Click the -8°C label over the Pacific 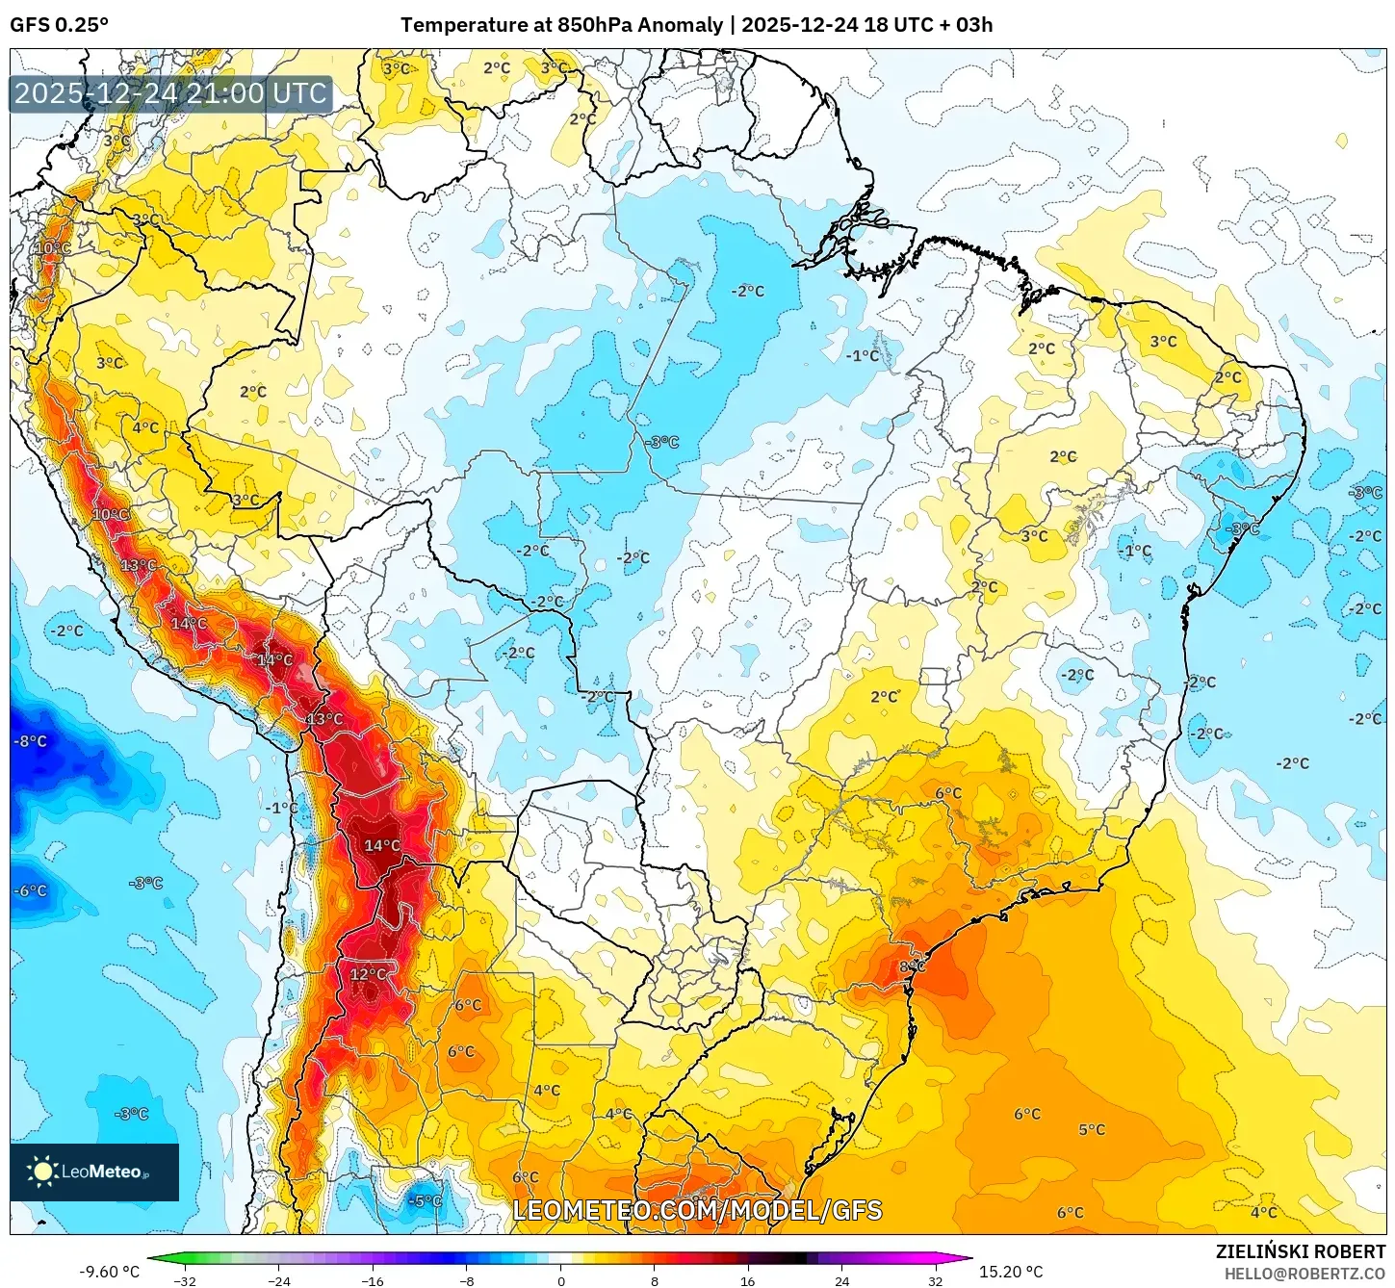click(30, 741)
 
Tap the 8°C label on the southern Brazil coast click(912, 966)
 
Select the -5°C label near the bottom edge click(425, 1200)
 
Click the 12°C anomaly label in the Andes click(368, 974)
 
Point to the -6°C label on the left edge click(30, 890)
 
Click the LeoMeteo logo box click(94, 1172)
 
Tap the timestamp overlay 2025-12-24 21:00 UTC click(170, 93)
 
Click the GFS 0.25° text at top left click(60, 25)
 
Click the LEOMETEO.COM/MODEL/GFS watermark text click(697, 1210)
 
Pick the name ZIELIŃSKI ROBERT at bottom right click(1300, 1251)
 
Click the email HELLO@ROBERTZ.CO click(1305, 1274)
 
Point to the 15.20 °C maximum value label click(1011, 1272)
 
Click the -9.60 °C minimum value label click(110, 1272)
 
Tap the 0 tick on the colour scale click(561, 1281)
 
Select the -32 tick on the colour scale click(185, 1281)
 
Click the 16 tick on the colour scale click(748, 1281)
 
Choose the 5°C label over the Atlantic click(1092, 1129)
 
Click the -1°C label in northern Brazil click(863, 355)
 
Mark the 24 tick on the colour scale click(842, 1281)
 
